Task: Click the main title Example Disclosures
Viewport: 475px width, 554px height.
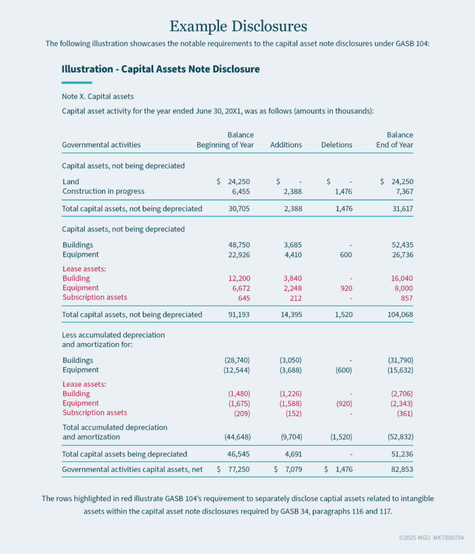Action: pos(238,26)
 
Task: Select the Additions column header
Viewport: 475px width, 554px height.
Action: pos(286,145)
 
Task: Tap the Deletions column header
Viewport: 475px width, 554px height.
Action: pos(336,145)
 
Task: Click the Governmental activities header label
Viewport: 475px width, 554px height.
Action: pos(101,145)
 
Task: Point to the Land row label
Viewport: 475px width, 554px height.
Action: pos(71,181)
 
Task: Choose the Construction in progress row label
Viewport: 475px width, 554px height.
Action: pos(103,191)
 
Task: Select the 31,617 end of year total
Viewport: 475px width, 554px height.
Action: pos(402,209)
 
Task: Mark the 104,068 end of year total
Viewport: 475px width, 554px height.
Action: pos(400,314)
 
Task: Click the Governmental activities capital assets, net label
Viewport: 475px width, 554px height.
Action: pos(132,469)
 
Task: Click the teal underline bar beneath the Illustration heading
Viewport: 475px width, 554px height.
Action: pos(77,82)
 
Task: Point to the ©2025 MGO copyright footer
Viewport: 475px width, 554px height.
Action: pos(431,537)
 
